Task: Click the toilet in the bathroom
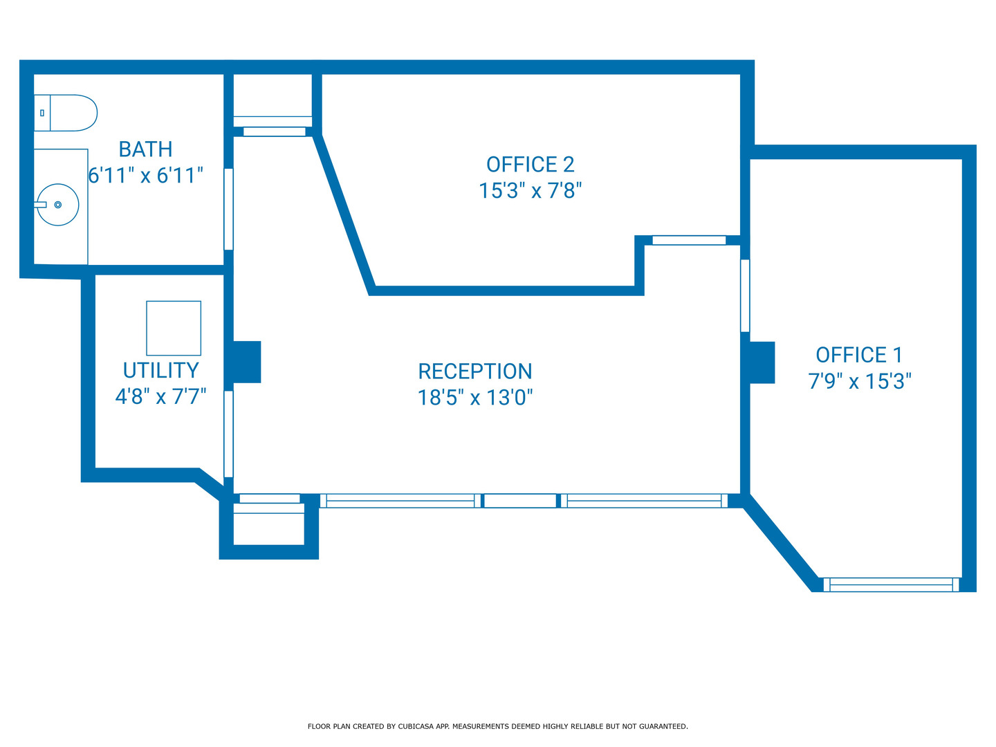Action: [x=66, y=113]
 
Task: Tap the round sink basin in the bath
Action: [x=57, y=205]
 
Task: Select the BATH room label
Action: [x=146, y=149]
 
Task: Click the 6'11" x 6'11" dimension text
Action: [x=146, y=176]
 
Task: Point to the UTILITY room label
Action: [x=161, y=371]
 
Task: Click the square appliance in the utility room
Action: [x=174, y=328]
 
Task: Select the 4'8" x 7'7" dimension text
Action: [x=161, y=396]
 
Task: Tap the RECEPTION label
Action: [x=475, y=371]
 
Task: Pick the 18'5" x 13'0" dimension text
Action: [x=475, y=398]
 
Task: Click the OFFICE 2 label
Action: [x=531, y=165]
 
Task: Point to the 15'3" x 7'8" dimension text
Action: [x=531, y=190]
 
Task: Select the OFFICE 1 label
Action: [x=860, y=355]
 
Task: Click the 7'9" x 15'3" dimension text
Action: [x=860, y=381]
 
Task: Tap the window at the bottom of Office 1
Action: [x=891, y=584]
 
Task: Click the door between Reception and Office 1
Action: [x=745, y=296]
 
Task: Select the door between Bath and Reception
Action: [x=229, y=209]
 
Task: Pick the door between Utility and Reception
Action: [x=229, y=434]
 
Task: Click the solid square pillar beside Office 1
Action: [x=762, y=362]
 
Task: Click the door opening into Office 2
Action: [x=689, y=241]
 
